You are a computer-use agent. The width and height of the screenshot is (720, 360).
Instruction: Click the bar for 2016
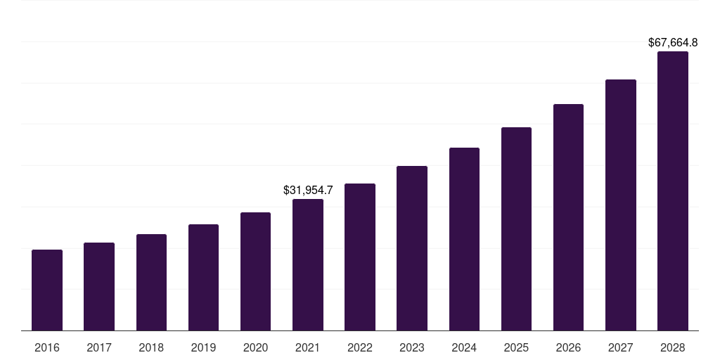47,290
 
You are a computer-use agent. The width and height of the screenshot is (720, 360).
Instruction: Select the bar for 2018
151,282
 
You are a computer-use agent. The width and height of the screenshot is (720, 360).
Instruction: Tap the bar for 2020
255,271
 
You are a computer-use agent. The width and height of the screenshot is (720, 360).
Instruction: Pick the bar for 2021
308,264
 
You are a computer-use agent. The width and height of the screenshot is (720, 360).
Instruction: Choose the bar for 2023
412,248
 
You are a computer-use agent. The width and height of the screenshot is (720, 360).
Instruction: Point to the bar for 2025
516,229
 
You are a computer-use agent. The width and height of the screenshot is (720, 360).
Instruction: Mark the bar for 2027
620,205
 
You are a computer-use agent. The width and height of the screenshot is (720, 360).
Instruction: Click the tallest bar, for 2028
673,191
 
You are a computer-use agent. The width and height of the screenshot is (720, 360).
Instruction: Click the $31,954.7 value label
308,190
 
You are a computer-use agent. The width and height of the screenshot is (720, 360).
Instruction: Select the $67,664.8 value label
673,43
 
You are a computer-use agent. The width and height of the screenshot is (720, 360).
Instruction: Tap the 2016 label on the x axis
47,347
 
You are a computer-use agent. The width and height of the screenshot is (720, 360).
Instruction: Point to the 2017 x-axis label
99,347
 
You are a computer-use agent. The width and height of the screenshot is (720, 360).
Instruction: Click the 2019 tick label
203,347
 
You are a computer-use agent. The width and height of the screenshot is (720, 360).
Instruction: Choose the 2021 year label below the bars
308,347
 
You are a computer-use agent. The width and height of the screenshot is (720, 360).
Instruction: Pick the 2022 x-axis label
360,347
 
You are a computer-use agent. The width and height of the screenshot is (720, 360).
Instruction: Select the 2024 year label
464,347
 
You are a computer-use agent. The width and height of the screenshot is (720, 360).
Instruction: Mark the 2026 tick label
568,347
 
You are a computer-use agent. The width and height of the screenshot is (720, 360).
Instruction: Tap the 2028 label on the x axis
673,347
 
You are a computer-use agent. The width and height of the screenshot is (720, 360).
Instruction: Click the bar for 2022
360,257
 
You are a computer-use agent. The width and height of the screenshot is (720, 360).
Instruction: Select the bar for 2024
464,239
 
